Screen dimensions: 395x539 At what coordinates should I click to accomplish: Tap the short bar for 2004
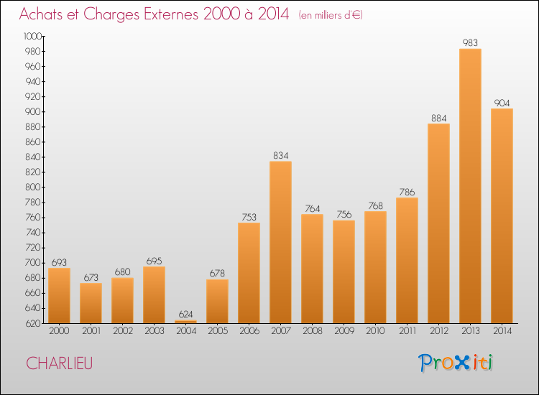(185, 321)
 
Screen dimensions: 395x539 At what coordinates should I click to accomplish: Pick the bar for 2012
(438, 223)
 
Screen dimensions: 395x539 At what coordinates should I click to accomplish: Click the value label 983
(470, 42)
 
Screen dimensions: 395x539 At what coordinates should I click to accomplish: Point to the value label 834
(280, 155)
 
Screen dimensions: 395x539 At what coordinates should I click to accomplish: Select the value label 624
(185, 314)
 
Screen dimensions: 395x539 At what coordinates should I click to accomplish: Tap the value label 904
(502, 103)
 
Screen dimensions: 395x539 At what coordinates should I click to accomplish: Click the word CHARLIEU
(59, 363)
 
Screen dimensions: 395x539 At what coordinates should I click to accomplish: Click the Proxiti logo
(456, 363)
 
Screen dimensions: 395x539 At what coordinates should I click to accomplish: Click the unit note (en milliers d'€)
(331, 15)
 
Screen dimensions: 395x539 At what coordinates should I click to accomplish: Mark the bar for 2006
(249, 273)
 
